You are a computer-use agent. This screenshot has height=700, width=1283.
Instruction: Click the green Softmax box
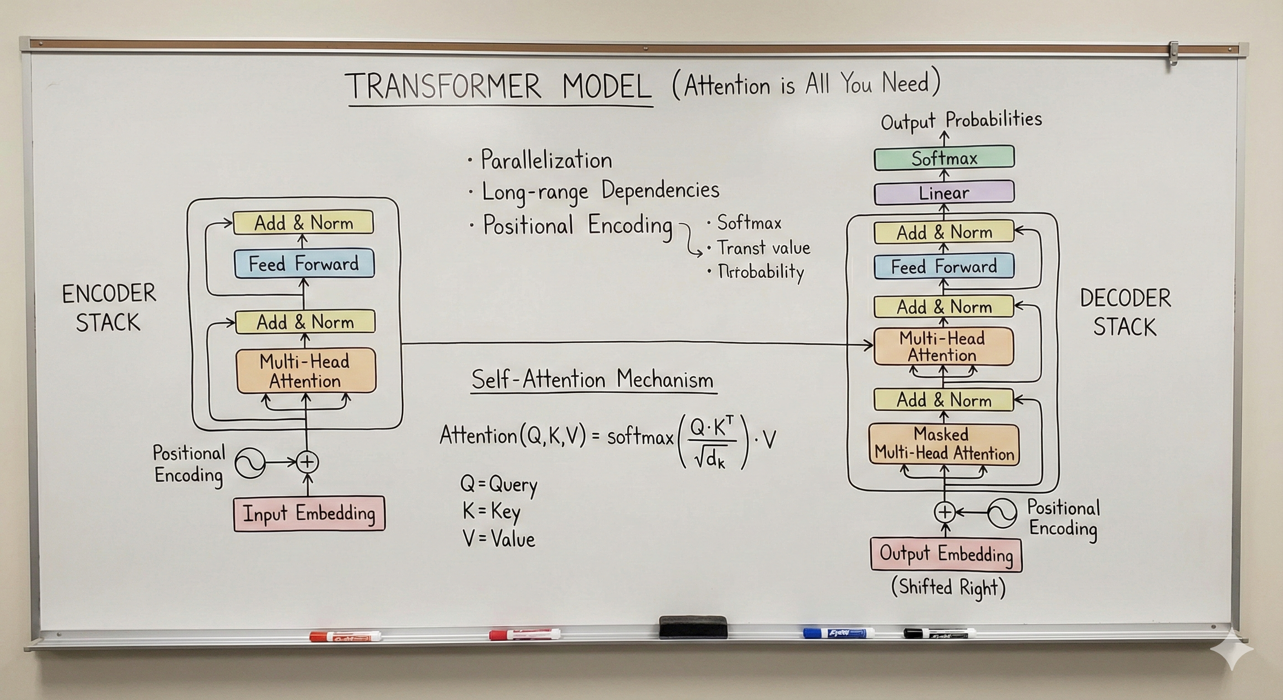(x=944, y=159)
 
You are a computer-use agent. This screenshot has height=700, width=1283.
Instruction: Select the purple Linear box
(x=944, y=192)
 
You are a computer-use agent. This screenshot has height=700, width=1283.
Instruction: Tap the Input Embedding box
(x=309, y=513)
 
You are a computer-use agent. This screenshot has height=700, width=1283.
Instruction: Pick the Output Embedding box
(x=946, y=554)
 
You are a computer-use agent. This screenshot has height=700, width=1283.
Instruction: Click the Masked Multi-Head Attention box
(x=944, y=444)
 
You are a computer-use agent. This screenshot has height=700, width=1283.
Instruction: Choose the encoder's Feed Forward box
(x=304, y=263)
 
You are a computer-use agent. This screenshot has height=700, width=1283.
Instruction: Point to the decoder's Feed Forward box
(x=944, y=267)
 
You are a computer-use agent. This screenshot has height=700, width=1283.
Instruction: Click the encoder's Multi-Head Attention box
(x=305, y=371)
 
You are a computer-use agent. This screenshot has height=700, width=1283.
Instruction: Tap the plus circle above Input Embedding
(x=307, y=462)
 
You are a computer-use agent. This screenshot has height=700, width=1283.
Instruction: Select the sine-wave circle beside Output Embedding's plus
(x=1002, y=512)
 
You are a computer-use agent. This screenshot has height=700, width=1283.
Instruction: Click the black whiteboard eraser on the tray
(x=693, y=627)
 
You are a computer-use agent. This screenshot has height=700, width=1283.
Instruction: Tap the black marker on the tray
(x=939, y=633)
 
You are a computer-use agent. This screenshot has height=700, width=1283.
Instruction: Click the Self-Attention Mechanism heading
(x=592, y=380)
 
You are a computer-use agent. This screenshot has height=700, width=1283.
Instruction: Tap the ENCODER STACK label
(x=108, y=308)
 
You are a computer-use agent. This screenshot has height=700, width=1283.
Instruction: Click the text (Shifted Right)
(x=948, y=587)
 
